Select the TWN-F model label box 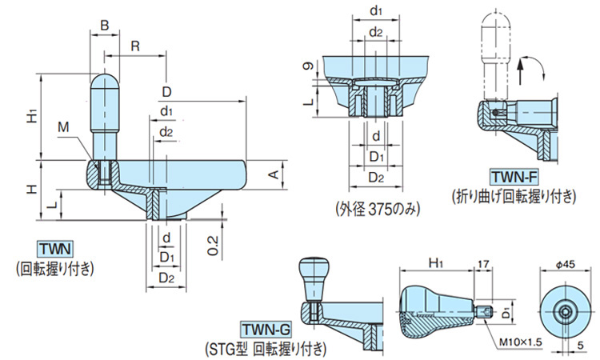tap(514, 176)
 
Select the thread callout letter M tap(62, 127)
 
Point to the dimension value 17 tap(482, 262)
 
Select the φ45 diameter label tap(564, 263)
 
